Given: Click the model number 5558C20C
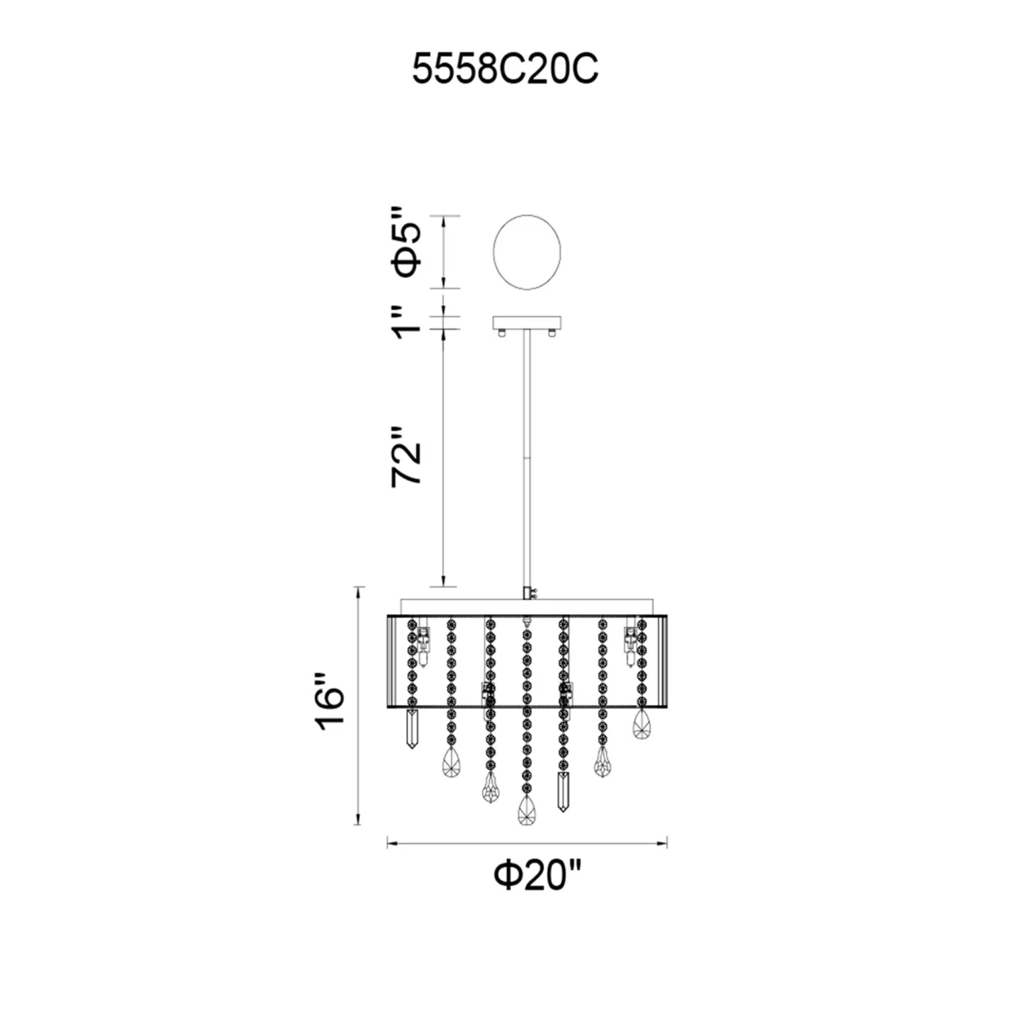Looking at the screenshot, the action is [x=505, y=69].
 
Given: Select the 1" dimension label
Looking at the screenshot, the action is [x=407, y=321].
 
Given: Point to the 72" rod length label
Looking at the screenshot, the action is [x=407, y=456].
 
